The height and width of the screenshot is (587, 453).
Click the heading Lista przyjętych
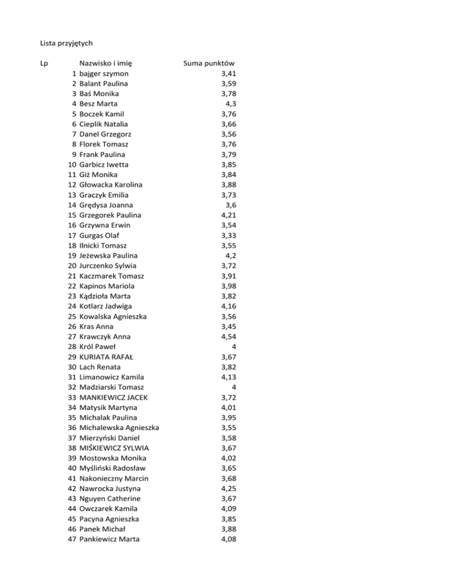coord(67,43)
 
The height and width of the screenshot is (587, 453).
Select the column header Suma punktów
coord(209,63)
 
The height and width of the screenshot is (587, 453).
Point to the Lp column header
coord(44,63)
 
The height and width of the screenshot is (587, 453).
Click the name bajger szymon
coord(105,73)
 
